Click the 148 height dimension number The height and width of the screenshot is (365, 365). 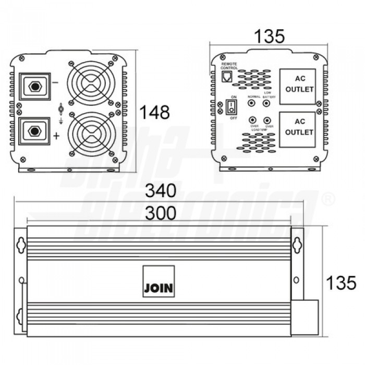point(155,112)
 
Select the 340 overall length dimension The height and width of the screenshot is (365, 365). point(161,191)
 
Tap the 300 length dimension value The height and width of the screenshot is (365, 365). point(161,213)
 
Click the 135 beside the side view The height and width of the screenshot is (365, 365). point(341,283)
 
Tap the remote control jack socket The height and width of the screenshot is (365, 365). point(228,77)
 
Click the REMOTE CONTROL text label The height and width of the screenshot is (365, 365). point(229,66)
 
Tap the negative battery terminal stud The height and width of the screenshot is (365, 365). point(34,86)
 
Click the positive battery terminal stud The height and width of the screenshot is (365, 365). point(34,130)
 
